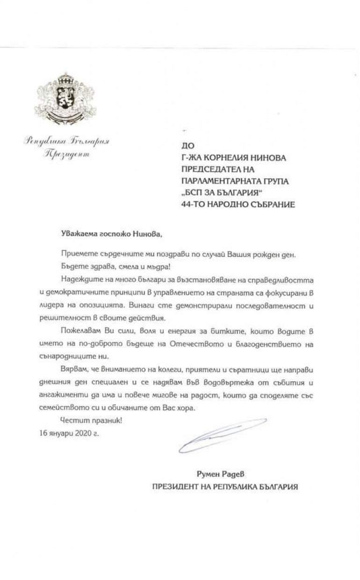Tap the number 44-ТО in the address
(185, 204)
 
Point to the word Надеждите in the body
(79, 279)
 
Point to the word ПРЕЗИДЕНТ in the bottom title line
(173, 486)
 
